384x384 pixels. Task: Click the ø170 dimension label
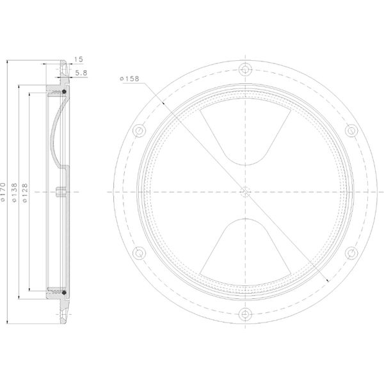click(3, 192)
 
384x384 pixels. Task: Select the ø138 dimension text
click(15, 193)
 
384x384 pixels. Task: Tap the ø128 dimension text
click(25, 193)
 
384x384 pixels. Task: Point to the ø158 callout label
click(129, 79)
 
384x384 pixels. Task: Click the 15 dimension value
click(79, 60)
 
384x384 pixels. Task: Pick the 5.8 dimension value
click(81, 73)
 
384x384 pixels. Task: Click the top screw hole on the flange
click(245, 69)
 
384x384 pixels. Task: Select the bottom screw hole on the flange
click(245, 314)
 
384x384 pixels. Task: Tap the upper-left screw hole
click(139, 131)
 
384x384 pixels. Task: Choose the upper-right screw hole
click(351, 131)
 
